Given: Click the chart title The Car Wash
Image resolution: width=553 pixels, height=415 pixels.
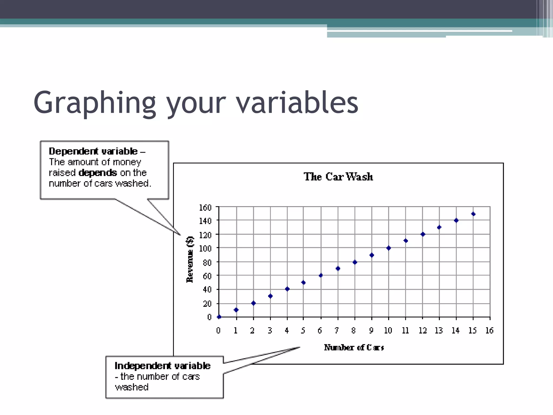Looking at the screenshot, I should (338, 177).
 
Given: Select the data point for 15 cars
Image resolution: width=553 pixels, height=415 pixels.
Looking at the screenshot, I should (473, 214).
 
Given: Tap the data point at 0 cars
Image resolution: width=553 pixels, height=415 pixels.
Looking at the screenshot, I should (219, 317).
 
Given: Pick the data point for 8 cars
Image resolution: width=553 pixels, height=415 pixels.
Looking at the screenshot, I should (355, 262).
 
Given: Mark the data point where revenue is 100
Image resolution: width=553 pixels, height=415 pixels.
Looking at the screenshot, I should (389, 248).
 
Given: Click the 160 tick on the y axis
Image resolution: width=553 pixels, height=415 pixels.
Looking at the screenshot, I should (205, 208).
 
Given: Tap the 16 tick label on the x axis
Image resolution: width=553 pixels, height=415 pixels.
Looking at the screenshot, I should (489, 330).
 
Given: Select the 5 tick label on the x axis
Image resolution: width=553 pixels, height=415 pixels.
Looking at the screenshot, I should (303, 330).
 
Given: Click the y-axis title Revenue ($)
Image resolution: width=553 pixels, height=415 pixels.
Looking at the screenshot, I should (190, 259).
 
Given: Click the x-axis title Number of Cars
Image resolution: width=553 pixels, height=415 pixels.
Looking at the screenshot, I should (354, 347).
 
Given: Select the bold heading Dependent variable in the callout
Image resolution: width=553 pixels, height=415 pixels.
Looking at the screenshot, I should (93, 151).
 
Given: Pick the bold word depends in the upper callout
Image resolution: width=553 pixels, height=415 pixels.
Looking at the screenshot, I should (98, 173).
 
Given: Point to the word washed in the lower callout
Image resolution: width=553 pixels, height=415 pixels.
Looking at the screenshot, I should (132, 387).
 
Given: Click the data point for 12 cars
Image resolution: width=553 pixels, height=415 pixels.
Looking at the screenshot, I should (423, 234).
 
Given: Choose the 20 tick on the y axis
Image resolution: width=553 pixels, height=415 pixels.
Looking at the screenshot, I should (207, 304).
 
